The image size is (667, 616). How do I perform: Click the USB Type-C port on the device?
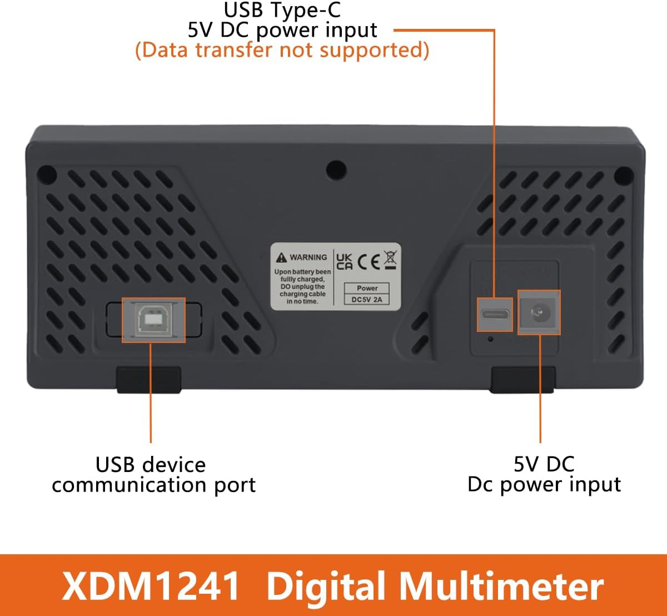(495, 314)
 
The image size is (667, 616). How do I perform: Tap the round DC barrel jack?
(539, 312)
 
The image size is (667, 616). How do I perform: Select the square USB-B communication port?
(153, 320)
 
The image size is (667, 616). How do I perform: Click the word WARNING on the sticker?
(308, 257)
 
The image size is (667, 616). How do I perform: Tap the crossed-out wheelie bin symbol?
(391, 260)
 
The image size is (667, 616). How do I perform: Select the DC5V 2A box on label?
(367, 299)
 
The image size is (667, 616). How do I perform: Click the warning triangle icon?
(281, 257)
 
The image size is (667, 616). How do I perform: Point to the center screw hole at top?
(336, 169)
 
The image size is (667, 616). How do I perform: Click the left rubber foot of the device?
(149, 380)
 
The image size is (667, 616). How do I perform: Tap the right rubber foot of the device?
(522, 380)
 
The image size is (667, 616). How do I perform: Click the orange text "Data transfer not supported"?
(282, 50)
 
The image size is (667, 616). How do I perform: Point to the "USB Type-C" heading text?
(282, 10)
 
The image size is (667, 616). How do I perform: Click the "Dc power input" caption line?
(544, 484)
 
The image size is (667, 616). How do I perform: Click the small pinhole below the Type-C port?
(490, 338)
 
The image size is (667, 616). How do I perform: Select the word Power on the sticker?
(367, 288)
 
